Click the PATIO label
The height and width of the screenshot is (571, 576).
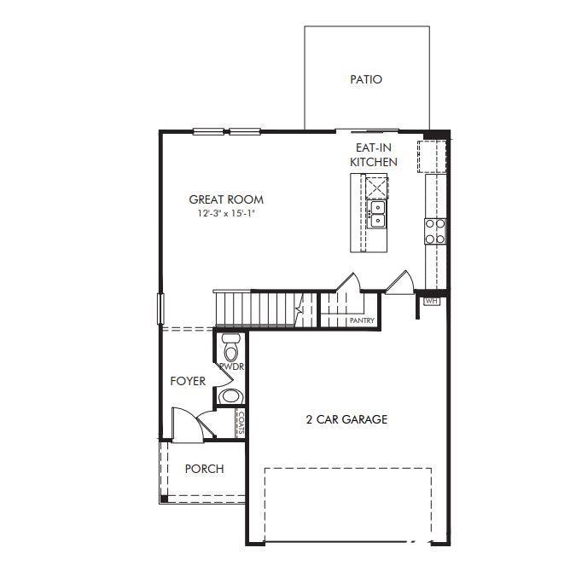tap(366, 79)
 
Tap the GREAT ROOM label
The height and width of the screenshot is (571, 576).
tap(226, 199)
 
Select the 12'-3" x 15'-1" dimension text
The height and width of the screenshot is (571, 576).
tap(226, 213)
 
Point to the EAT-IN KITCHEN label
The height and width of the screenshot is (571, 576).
tap(374, 154)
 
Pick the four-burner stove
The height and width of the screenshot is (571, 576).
tap(435, 231)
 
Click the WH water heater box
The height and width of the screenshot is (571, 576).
tap(432, 301)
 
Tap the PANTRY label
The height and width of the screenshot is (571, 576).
tap(362, 320)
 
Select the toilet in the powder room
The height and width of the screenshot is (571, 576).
tap(231, 347)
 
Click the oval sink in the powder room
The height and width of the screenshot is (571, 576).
tap(230, 396)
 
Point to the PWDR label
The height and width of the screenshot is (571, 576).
tap(232, 366)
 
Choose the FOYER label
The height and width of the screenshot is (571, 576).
tap(188, 381)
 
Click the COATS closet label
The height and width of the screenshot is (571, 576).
tap(241, 423)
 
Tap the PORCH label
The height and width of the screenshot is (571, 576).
tap(204, 469)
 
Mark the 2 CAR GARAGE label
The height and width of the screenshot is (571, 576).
tap(346, 419)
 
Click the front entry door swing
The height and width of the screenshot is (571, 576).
tap(188, 424)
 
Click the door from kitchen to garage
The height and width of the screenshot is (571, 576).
tap(400, 283)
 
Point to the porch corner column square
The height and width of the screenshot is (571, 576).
tap(164, 499)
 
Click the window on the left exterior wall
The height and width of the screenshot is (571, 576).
tap(160, 309)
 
